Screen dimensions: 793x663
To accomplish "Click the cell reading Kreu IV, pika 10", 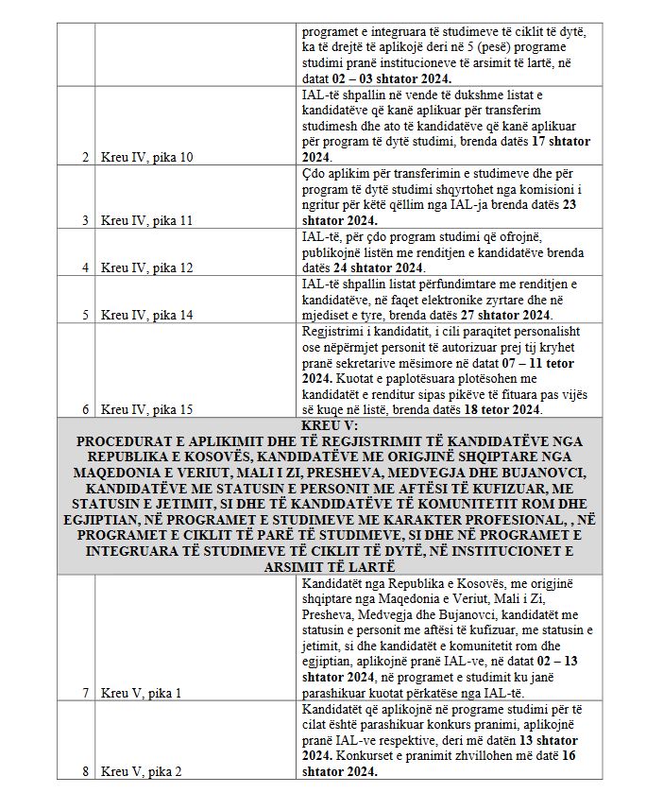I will click(146, 157).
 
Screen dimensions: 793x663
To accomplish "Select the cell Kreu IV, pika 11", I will click(146, 220).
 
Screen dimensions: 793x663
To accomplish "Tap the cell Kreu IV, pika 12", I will click(146, 267).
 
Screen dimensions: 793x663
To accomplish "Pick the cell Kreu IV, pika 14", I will click(146, 316).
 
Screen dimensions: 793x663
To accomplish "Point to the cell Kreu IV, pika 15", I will click(146, 409).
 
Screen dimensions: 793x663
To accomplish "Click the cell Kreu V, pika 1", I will click(141, 693).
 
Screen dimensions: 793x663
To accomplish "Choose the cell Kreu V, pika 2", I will click(141, 771).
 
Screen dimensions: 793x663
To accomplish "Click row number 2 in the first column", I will click(85, 157).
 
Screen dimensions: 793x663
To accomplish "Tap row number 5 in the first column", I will click(85, 316).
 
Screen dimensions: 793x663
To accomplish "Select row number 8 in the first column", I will click(85, 771).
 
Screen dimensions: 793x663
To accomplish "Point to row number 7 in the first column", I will click(85, 693).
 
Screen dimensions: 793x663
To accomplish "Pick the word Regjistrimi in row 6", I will click(330, 331).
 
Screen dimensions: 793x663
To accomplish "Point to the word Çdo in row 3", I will click(314, 173).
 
